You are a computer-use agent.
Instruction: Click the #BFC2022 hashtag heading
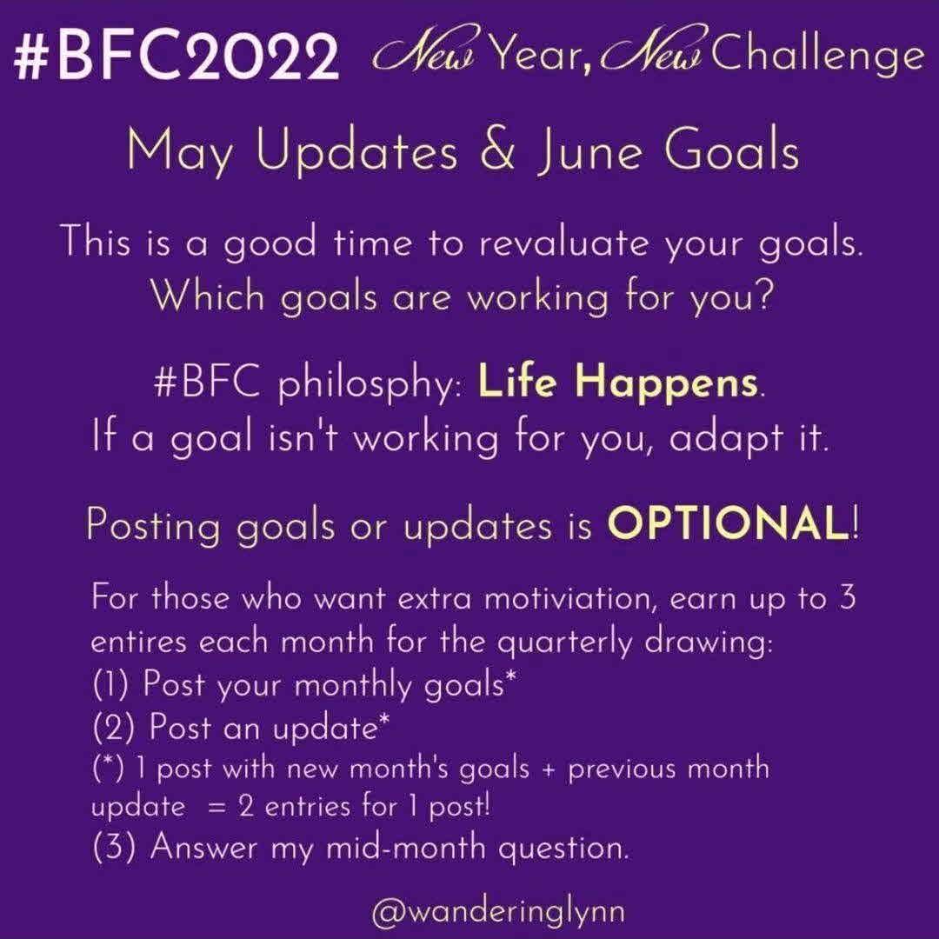(x=176, y=57)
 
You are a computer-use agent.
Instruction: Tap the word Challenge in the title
(x=816, y=56)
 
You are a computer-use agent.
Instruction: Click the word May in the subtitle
(x=180, y=152)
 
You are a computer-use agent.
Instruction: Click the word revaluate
(x=563, y=243)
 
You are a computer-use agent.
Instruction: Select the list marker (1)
(x=110, y=683)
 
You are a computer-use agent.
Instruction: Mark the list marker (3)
(x=114, y=847)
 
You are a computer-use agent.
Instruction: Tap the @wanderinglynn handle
(x=498, y=911)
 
